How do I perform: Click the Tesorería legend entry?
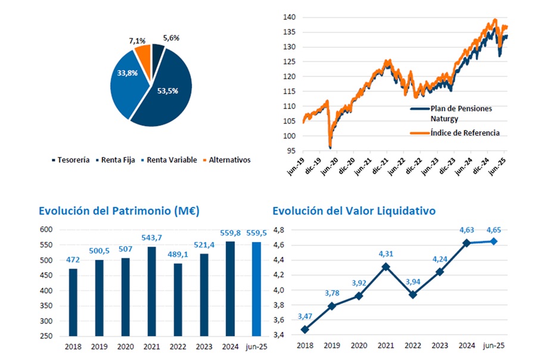[73, 160]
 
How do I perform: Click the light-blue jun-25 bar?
[256, 288]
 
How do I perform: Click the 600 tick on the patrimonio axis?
[47, 229]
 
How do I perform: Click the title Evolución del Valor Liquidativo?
[354, 210]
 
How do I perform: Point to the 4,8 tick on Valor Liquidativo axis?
[279, 229]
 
